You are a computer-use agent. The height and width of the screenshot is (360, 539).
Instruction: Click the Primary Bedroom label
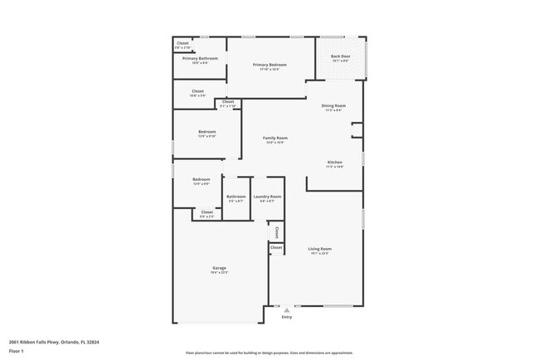269,65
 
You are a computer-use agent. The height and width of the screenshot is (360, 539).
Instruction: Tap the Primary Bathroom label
200,59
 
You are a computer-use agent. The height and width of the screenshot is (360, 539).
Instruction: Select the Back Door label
341,56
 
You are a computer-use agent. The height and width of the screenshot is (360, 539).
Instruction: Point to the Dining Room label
333,105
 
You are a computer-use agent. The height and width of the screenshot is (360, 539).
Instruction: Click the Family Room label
275,138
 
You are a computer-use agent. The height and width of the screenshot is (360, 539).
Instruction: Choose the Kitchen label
334,162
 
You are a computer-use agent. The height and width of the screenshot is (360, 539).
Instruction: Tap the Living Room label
320,249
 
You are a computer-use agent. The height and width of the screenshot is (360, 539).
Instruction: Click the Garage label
219,268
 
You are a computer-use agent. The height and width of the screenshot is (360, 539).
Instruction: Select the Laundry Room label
267,197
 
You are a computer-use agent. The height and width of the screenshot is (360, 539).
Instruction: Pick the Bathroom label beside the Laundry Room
236,197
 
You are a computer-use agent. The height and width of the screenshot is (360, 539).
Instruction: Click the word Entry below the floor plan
287,317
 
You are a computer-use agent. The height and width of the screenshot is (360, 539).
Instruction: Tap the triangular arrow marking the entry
287,310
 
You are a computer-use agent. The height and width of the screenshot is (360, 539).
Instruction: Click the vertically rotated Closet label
277,232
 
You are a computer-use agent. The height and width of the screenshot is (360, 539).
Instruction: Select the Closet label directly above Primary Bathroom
182,43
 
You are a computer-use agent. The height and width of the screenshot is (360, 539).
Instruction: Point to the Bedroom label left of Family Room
206,132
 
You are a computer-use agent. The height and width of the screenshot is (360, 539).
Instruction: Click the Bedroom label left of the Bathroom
202,179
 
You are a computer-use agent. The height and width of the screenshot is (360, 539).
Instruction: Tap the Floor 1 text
16,351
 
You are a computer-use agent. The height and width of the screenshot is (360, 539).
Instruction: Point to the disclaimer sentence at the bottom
269,353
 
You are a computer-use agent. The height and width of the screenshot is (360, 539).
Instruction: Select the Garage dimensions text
219,273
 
